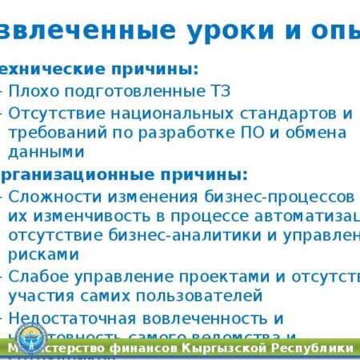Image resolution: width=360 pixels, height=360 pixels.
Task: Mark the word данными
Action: (x=46, y=152)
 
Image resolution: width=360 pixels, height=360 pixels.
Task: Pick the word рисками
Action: (x=43, y=255)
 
